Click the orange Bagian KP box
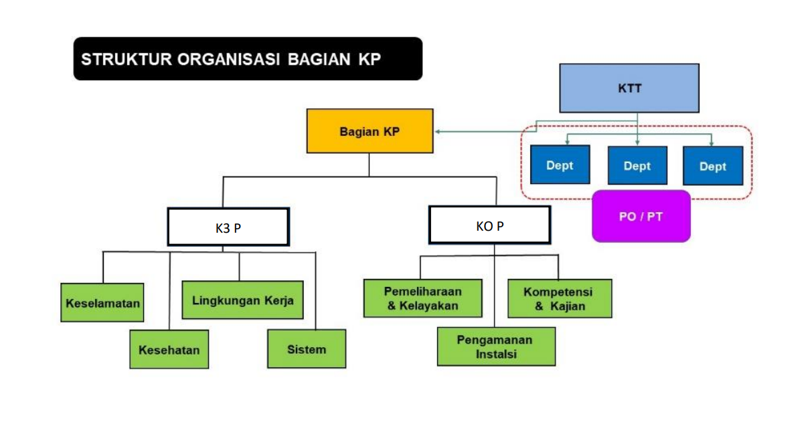pyautogui.click(x=370, y=132)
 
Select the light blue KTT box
pyautogui.click(x=629, y=88)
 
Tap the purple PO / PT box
pyautogui.click(x=641, y=217)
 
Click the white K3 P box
pyautogui.click(x=228, y=227)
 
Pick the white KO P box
pyautogui.click(x=489, y=225)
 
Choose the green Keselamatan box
pyautogui.click(x=103, y=302)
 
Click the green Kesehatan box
pyautogui.click(x=169, y=349)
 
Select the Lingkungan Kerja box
pyautogui.click(x=242, y=300)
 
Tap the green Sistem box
pyautogui.click(x=307, y=348)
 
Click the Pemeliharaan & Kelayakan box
pyautogui.click(x=422, y=298)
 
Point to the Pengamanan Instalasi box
pyautogui.click(x=496, y=346)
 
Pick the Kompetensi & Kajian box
pyautogui.click(x=560, y=298)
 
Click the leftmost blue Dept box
pyautogui.click(x=560, y=165)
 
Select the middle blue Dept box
pyautogui.click(x=637, y=166)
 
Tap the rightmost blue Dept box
pyautogui.click(x=712, y=166)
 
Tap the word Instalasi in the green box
pyautogui.click(x=496, y=354)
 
